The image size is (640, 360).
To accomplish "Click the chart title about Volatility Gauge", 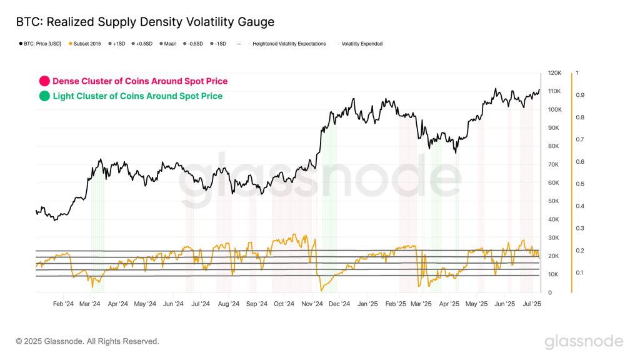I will click(145, 22).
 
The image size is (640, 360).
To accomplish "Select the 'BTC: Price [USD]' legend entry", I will click(41, 44).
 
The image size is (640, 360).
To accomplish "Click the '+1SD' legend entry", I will click(117, 44).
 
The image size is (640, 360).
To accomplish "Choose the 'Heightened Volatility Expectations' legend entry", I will click(289, 44).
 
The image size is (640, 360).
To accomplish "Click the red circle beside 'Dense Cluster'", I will click(44, 81).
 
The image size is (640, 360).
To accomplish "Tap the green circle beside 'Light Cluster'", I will click(44, 96).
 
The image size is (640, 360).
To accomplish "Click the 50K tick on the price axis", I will click(552, 201).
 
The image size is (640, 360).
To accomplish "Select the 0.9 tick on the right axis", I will click(579, 95).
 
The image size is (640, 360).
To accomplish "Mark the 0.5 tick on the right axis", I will click(579, 184).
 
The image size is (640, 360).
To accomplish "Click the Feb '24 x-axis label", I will click(64, 304).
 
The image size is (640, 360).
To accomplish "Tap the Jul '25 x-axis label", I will click(532, 304).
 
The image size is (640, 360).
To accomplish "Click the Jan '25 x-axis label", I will click(367, 304).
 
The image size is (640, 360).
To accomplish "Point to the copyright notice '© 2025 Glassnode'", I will click(87, 341).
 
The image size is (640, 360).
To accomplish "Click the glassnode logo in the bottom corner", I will click(584, 341).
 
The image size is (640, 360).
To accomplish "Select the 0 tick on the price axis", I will click(549, 292).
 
